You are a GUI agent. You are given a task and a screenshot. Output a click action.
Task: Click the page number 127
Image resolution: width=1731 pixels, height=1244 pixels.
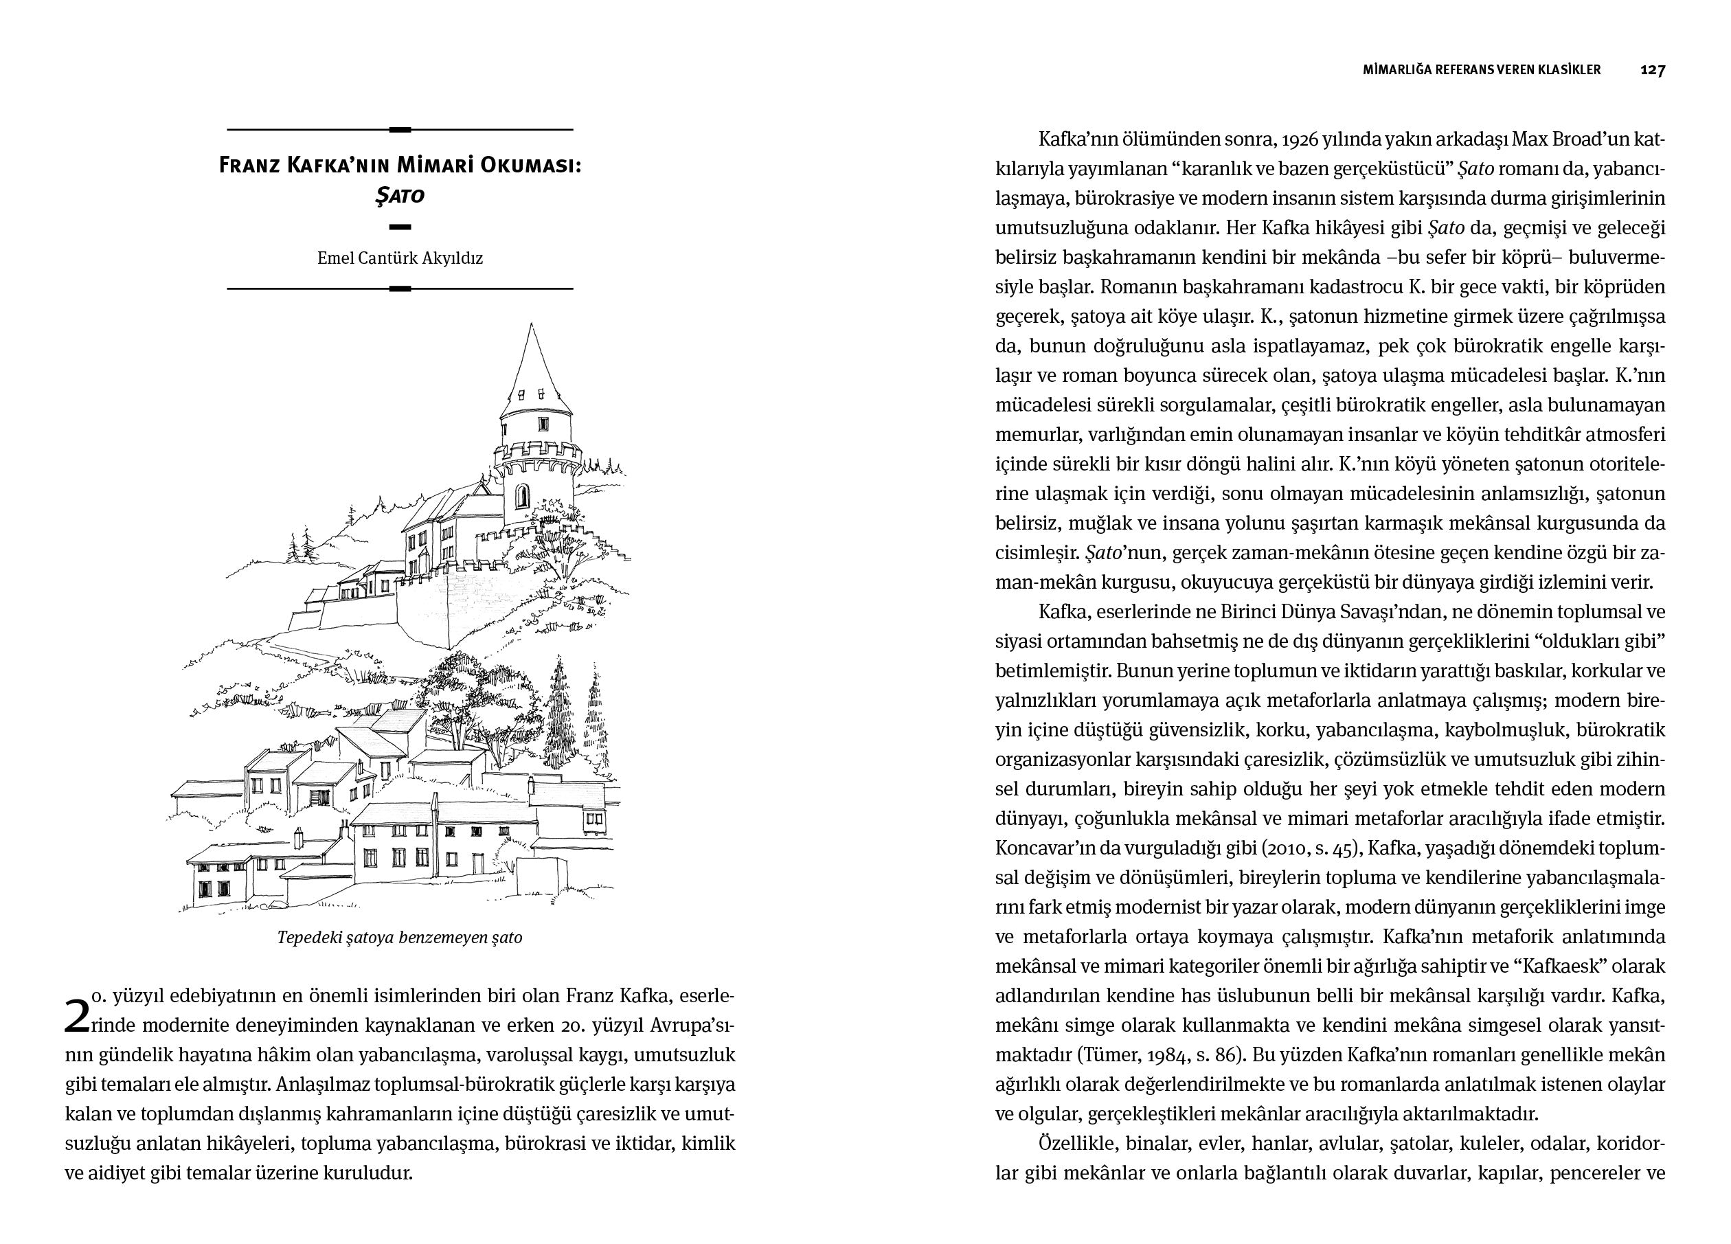[1653, 69]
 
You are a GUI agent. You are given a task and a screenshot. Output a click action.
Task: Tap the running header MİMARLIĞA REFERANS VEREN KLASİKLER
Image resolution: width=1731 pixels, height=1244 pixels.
[1482, 69]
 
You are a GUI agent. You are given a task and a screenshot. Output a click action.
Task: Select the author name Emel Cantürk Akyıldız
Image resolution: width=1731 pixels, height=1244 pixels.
[400, 258]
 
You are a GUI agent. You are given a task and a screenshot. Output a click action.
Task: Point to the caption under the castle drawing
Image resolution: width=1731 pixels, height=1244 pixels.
[400, 937]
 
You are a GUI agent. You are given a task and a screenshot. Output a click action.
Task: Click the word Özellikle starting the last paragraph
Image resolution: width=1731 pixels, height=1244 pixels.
[1078, 1143]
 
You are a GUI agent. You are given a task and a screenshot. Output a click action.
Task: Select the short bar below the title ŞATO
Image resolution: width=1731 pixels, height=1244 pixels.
[400, 227]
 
